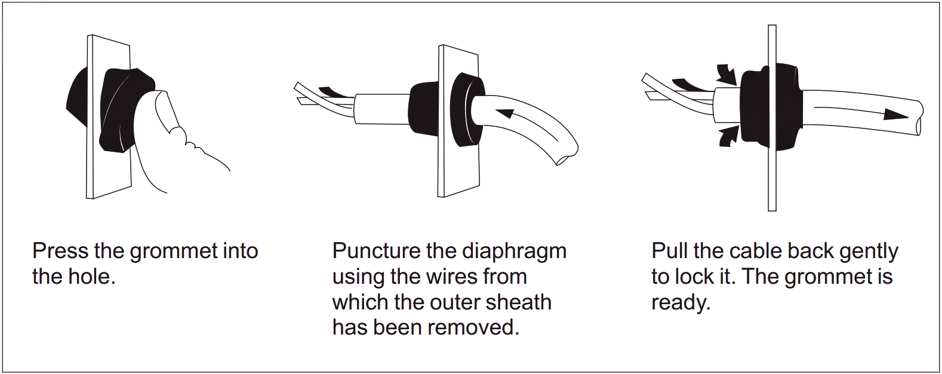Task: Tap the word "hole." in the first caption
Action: (x=91, y=277)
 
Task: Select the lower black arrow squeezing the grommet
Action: (x=728, y=136)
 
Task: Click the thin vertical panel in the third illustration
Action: (x=772, y=118)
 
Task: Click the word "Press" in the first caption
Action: (x=60, y=251)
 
